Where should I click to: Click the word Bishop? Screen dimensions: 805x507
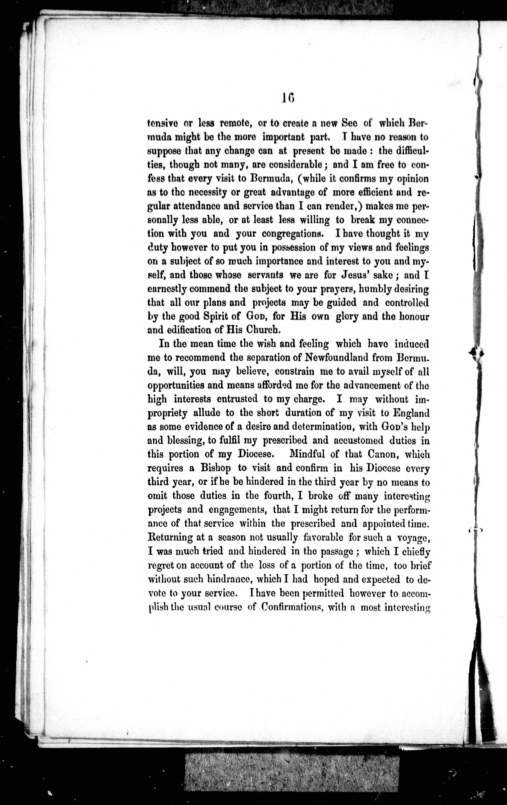[215, 468]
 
